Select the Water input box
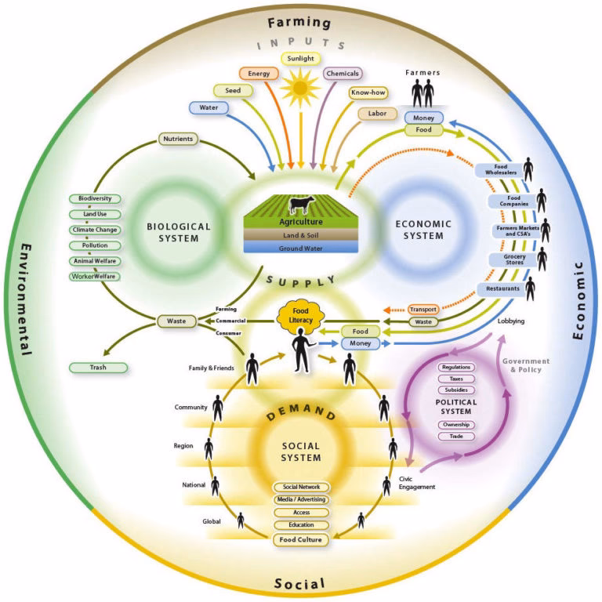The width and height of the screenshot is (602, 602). pyautogui.click(x=208, y=107)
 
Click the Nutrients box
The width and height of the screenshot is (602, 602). pyautogui.click(x=179, y=139)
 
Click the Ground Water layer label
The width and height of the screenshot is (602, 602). pyautogui.click(x=300, y=248)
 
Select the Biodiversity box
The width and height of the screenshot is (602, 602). pyautogui.click(x=94, y=199)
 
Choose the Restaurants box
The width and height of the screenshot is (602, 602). pyautogui.click(x=498, y=288)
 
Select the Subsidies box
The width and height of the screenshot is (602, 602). pyautogui.click(x=456, y=390)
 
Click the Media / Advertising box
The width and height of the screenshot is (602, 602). pyautogui.click(x=300, y=499)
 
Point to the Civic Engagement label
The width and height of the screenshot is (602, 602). pyautogui.click(x=416, y=481)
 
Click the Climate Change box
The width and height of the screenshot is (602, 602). pyautogui.click(x=94, y=230)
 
